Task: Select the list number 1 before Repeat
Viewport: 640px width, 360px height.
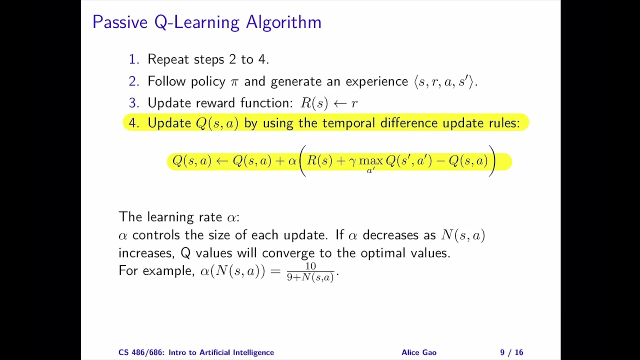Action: click(133, 59)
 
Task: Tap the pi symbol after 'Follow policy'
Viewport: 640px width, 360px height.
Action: click(233, 82)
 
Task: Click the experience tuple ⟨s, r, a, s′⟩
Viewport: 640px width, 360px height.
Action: click(445, 82)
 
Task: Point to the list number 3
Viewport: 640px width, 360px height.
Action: click(133, 103)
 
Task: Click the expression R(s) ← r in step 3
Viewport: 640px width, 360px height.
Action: click(328, 103)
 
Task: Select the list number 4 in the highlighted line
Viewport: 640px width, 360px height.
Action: click(133, 123)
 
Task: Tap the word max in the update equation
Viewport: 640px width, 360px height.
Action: click(370, 161)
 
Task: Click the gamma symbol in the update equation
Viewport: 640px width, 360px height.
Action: click(352, 161)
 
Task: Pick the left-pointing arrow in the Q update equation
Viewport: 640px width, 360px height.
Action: click(222, 161)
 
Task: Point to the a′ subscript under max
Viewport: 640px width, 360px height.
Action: click(370, 171)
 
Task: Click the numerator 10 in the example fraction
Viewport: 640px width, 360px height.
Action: click(310, 266)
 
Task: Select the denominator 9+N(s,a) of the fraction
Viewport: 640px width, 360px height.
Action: click(310, 277)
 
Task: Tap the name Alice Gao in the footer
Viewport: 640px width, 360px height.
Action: click(418, 352)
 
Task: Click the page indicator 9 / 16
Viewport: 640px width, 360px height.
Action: click(511, 352)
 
